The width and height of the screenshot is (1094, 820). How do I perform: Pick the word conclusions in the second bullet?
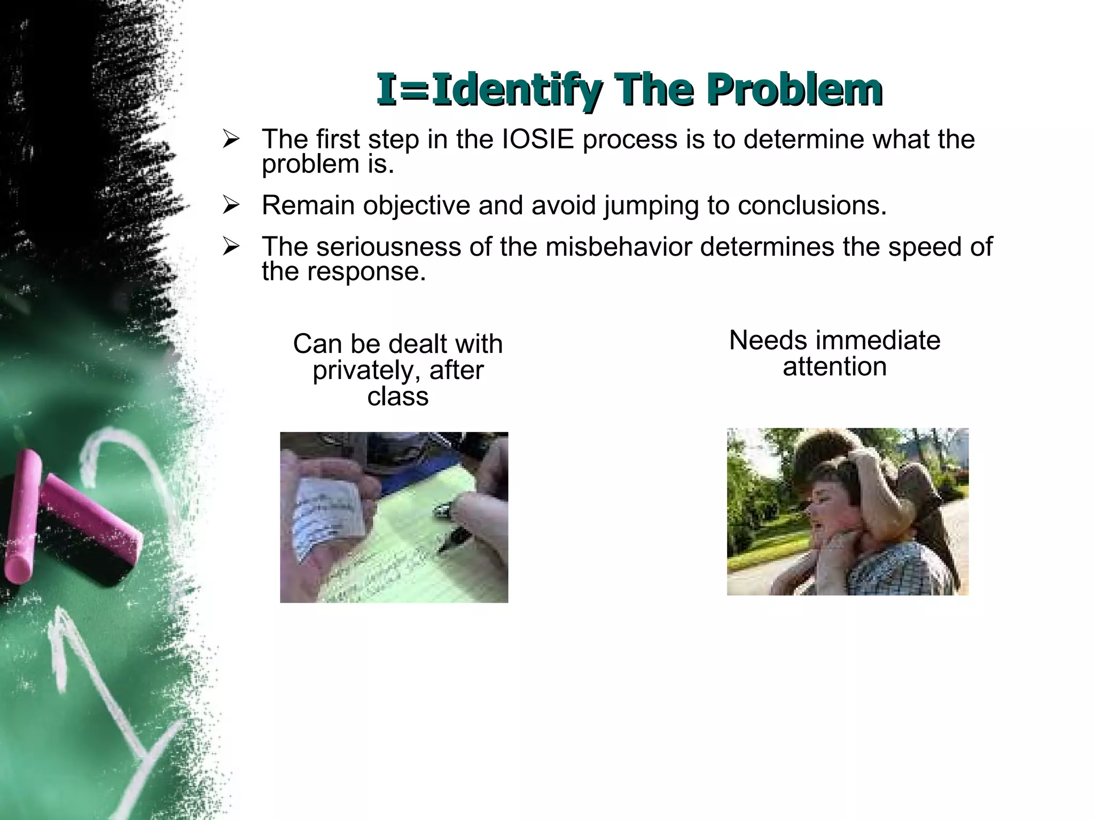(812, 206)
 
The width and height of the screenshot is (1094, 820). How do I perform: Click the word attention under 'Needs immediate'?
(834, 367)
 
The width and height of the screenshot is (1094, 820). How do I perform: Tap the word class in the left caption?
(398, 397)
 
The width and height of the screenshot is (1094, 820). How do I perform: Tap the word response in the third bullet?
(366, 272)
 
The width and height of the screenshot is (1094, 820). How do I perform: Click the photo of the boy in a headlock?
(847, 511)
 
